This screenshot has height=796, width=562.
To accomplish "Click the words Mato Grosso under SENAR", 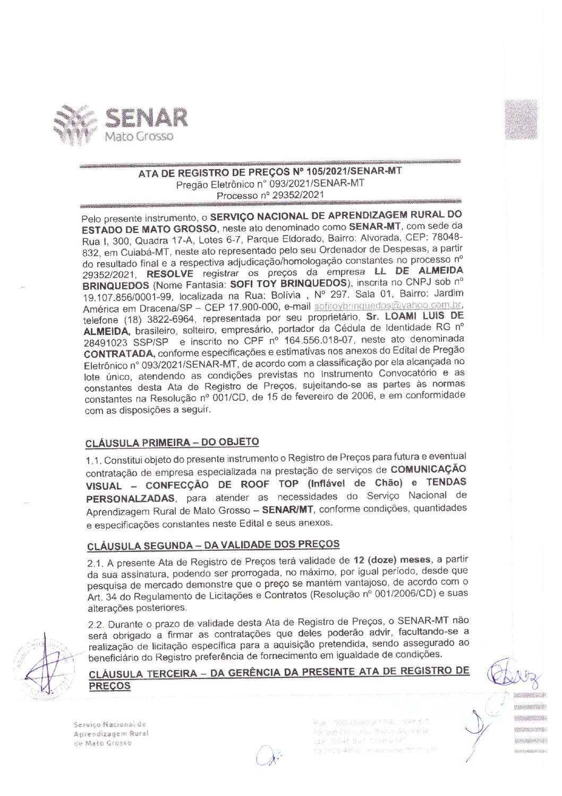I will click(x=139, y=137).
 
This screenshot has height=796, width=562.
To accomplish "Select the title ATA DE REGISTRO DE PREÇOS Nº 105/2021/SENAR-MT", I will click(x=270, y=172).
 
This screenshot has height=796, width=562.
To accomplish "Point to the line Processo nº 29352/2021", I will click(x=270, y=195).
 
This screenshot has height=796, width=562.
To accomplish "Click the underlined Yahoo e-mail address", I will click(x=388, y=306).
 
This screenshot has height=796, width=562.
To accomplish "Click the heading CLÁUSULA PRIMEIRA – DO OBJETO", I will click(x=172, y=442).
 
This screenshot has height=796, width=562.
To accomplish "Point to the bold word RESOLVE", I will click(x=169, y=274).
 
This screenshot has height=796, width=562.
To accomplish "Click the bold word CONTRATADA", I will click(x=119, y=353).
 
